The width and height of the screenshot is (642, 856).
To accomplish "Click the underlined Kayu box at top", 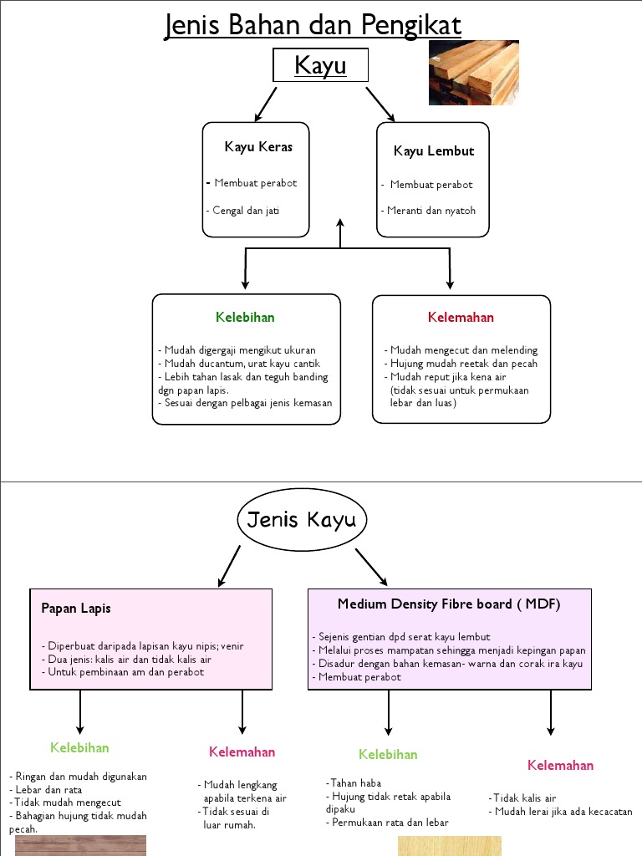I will [320, 65].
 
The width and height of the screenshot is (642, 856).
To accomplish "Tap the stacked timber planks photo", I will [473, 73].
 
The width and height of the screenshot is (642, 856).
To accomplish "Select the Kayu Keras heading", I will [258, 147].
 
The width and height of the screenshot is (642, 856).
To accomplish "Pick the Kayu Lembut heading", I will [433, 151].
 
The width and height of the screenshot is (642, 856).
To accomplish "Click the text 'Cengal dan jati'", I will [246, 211].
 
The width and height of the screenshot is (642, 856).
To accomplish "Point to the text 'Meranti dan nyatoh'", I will [431, 211].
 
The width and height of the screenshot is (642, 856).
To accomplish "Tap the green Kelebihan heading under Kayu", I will [245, 318].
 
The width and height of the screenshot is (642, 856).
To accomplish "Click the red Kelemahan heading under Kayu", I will [461, 318].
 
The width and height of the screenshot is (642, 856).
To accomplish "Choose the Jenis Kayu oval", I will [302, 521].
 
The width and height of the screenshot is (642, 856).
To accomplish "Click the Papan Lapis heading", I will [76, 609].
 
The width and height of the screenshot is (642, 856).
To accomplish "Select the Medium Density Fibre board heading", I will [449, 604].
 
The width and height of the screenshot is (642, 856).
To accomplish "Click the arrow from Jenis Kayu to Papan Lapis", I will [229, 566].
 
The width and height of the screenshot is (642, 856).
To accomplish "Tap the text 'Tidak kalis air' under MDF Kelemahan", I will [525, 798].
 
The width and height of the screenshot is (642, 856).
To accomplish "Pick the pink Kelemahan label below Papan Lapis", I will [242, 752].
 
